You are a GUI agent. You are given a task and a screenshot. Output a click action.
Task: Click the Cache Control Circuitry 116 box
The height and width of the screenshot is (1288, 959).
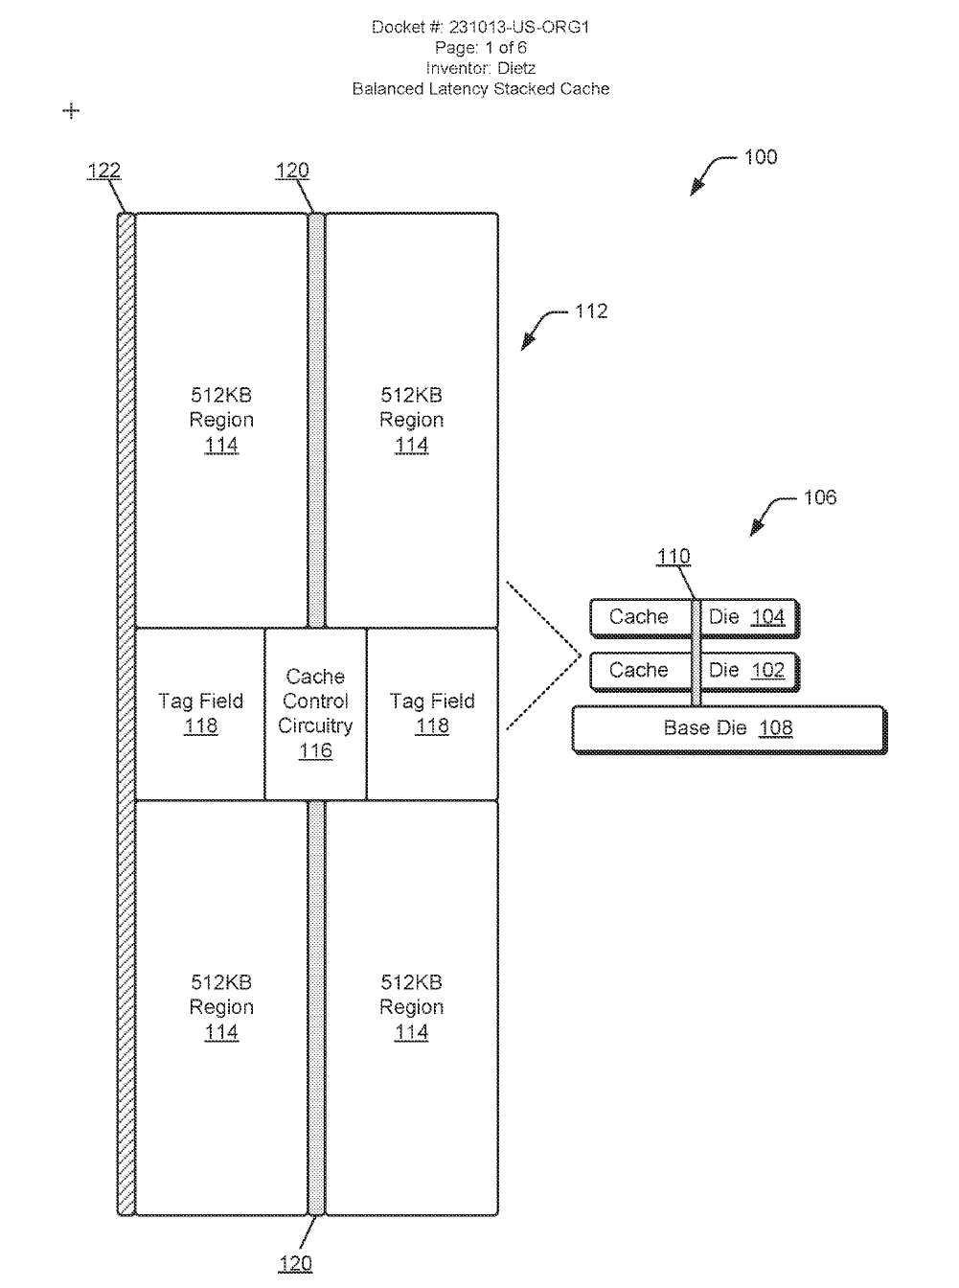pyautogui.click(x=315, y=714)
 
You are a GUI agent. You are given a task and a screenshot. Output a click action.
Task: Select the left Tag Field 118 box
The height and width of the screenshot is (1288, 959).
pyautogui.click(x=200, y=714)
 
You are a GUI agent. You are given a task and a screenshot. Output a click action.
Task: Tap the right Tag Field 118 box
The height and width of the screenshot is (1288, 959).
pyautogui.click(x=432, y=714)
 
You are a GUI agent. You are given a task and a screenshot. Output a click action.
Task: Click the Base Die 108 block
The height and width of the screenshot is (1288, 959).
pyautogui.click(x=728, y=729)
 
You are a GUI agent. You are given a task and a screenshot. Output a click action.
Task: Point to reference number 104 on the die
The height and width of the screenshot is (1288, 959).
pyautogui.click(x=767, y=617)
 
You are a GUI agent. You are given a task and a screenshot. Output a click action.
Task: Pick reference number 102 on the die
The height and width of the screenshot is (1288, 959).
pyautogui.click(x=767, y=671)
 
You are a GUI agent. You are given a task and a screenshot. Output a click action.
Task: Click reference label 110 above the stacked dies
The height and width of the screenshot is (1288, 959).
pyautogui.click(x=674, y=557)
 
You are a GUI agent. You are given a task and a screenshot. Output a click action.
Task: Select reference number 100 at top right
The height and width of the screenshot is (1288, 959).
pyautogui.click(x=761, y=157)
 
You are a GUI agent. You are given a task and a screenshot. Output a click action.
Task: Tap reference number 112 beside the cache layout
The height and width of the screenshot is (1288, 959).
pyautogui.click(x=591, y=311)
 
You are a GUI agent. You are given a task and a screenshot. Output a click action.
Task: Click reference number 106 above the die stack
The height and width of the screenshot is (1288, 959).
pyautogui.click(x=819, y=497)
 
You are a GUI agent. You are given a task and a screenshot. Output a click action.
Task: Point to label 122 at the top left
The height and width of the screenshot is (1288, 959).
pyautogui.click(x=103, y=171)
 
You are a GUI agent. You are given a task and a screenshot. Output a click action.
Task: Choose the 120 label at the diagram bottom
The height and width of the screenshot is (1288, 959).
pyautogui.click(x=294, y=1264)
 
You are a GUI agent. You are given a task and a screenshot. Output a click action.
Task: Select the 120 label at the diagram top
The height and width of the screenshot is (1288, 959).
pyautogui.click(x=292, y=171)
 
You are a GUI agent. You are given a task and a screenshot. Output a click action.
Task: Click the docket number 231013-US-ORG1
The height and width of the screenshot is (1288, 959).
pyautogui.click(x=518, y=27)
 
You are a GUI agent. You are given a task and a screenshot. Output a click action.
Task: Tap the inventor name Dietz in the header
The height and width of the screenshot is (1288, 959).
pyautogui.click(x=516, y=68)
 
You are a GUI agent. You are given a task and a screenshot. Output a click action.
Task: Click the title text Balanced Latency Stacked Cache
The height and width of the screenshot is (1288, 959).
pyautogui.click(x=480, y=89)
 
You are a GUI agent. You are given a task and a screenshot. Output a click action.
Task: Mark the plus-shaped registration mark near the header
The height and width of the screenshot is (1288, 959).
pyautogui.click(x=71, y=111)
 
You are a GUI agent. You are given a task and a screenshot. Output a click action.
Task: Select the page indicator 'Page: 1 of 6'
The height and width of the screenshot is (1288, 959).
pyautogui.click(x=480, y=48)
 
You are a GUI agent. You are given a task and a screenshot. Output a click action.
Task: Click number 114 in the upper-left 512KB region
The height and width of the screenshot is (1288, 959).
pyautogui.click(x=221, y=446)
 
